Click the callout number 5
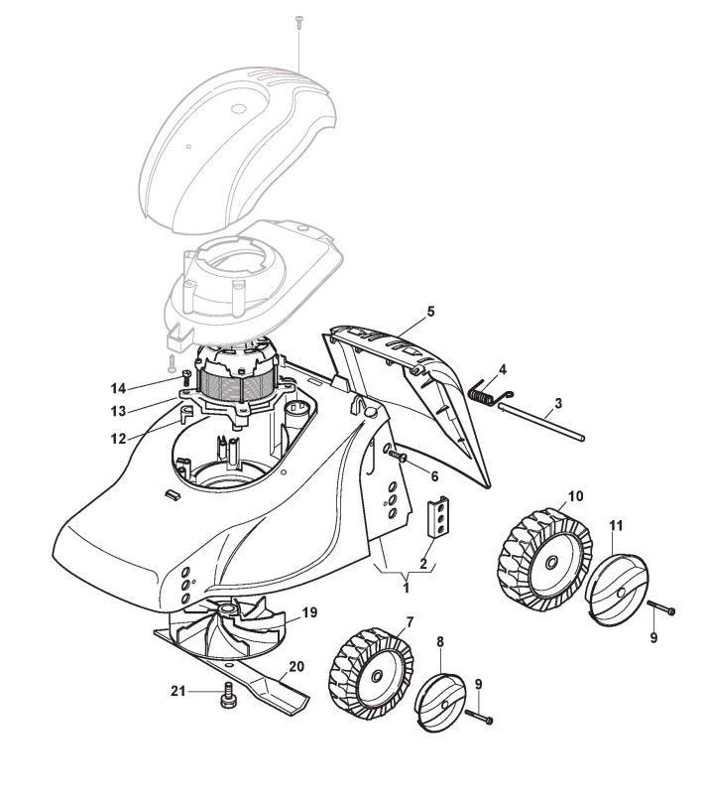pos(431,311)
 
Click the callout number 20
pos(296,667)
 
